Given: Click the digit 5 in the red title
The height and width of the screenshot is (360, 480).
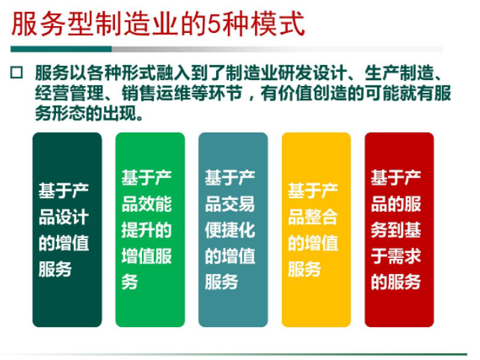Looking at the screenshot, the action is (x=215, y=24).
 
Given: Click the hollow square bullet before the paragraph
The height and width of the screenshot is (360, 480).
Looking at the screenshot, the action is (x=16, y=73).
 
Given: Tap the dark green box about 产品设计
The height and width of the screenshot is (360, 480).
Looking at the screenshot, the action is (x=67, y=230).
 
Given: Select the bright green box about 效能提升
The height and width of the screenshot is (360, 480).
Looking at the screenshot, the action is (x=150, y=230).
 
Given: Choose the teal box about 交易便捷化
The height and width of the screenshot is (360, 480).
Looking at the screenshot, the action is (x=233, y=230).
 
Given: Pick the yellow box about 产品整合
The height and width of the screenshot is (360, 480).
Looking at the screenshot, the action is (x=316, y=230).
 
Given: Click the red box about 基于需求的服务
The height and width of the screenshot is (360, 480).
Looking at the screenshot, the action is (x=399, y=230).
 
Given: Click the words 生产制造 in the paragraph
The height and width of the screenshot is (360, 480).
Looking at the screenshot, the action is (x=399, y=73).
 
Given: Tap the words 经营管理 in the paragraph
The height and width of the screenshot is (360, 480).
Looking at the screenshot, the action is (x=70, y=93).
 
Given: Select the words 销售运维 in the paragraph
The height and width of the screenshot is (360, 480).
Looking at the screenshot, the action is (x=156, y=93).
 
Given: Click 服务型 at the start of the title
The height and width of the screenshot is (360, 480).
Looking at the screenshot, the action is (x=52, y=24).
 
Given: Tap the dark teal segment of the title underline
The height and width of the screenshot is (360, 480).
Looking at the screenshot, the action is (x=61, y=49).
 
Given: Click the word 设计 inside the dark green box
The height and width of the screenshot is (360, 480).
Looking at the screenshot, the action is (x=76, y=217).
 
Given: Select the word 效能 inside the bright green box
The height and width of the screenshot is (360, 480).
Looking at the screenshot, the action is (x=159, y=204).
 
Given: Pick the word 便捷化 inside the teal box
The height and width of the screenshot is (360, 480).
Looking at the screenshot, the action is (x=230, y=230).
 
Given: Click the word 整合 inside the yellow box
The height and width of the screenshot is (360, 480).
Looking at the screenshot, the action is (x=325, y=217).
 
